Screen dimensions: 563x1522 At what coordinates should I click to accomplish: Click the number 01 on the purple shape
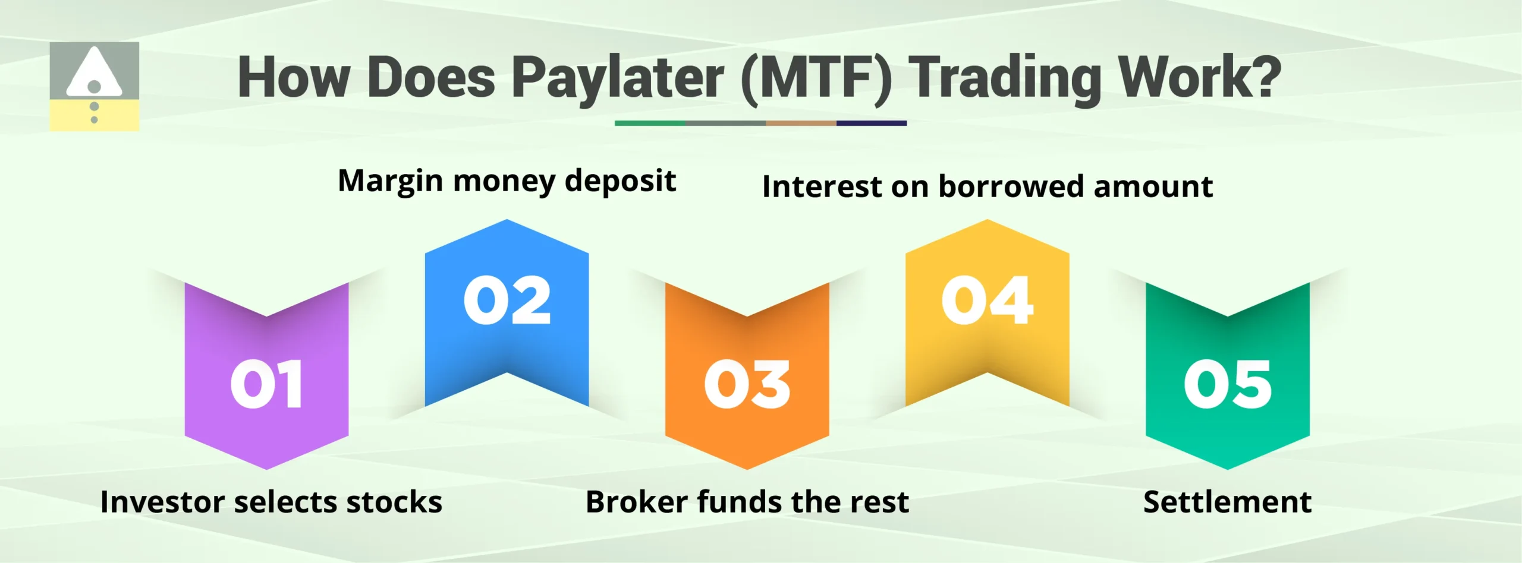[266, 384]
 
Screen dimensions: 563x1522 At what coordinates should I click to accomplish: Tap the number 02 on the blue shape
[507, 301]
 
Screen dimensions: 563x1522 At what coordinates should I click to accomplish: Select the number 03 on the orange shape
[747, 384]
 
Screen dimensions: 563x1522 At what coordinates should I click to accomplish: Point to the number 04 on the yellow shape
[987, 301]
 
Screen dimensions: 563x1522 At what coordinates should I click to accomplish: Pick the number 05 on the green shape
[1227, 384]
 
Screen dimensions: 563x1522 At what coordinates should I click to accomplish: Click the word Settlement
[1227, 502]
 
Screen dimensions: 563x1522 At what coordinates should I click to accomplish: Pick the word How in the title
[294, 77]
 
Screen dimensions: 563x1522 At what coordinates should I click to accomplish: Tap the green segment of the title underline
[650, 124]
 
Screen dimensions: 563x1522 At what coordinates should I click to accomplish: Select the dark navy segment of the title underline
[871, 124]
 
